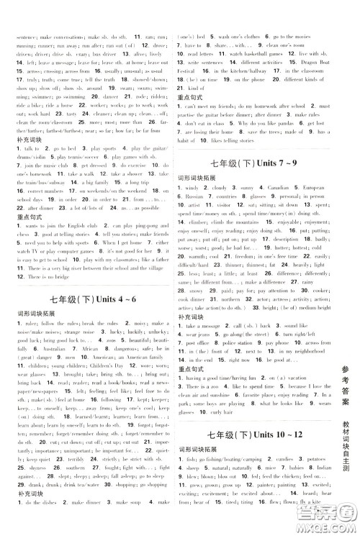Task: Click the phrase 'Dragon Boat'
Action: pyautogui.click(x=305, y=63)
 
